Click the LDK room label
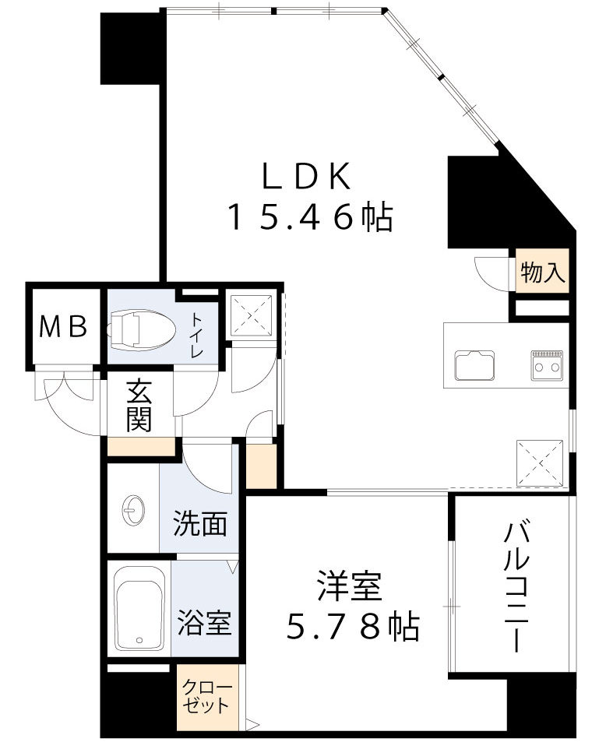(x=305, y=178)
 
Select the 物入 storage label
(x=543, y=273)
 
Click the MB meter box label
(x=65, y=327)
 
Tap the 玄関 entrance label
(x=138, y=406)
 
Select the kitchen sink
(x=475, y=364)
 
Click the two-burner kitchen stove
(x=547, y=364)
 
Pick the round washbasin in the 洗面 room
(x=132, y=512)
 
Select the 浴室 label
(x=203, y=623)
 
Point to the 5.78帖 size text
(x=353, y=626)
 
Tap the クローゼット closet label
(x=206, y=698)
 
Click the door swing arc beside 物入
(x=489, y=271)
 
